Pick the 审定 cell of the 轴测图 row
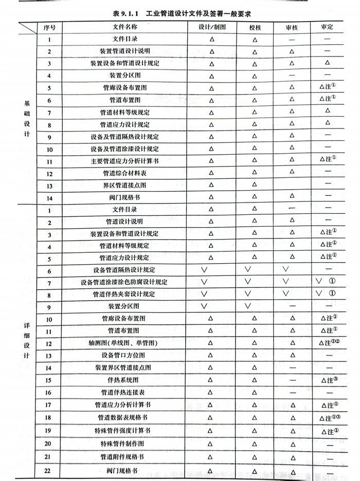coord(327,343)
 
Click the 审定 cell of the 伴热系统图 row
coord(327,381)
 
